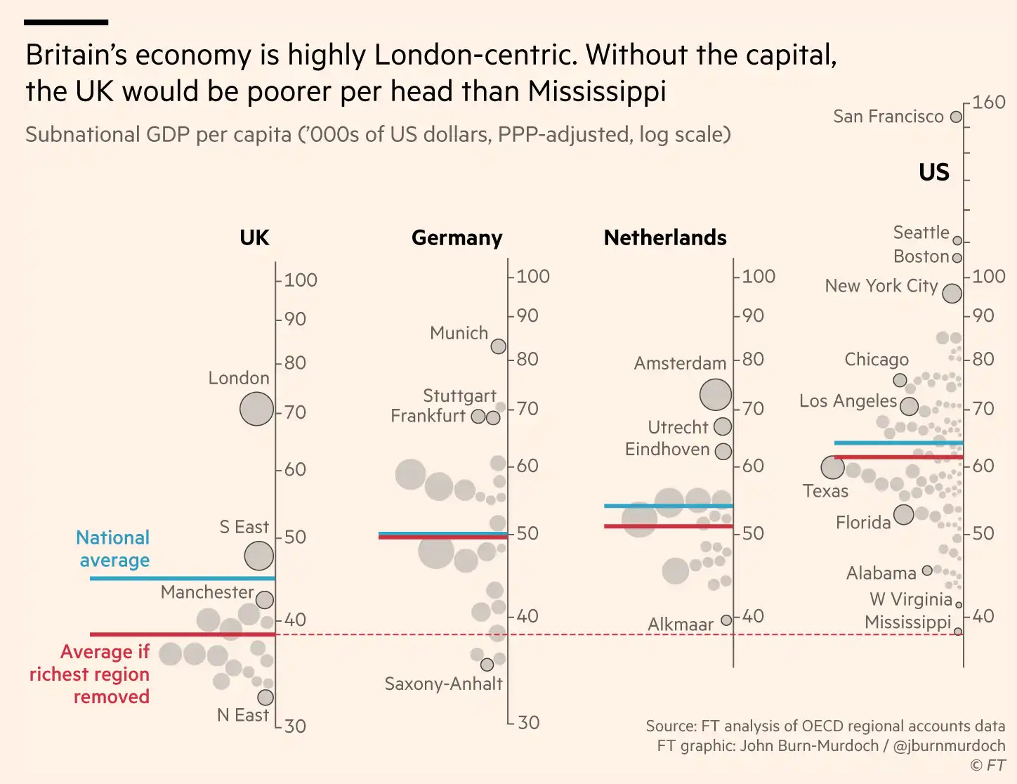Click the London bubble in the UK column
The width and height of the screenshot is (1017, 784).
tap(256, 409)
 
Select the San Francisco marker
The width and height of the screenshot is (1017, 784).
tap(956, 117)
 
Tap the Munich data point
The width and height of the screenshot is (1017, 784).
tap(498, 346)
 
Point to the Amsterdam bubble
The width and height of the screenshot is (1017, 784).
tap(715, 395)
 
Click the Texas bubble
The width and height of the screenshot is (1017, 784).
tap(832, 467)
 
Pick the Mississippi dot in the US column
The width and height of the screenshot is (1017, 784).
tap(958, 632)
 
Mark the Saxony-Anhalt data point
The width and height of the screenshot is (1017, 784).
tap(487, 665)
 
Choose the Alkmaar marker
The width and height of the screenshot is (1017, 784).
tap(726, 621)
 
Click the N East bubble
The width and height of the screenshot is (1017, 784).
tap(265, 698)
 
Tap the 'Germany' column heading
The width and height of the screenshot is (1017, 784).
tap(457, 237)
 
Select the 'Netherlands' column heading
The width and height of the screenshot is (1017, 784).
tap(665, 237)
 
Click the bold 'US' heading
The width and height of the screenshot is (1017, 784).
tap(933, 172)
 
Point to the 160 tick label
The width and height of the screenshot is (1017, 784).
tap(989, 103)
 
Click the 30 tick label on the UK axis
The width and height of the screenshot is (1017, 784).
tap(296, 726)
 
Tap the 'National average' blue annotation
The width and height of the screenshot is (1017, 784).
tap(113, 549)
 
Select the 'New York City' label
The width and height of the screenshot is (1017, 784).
tap(881, 286)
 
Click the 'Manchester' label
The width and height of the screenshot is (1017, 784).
tap(206, 592)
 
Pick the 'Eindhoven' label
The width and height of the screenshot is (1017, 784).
tap(667, 449)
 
